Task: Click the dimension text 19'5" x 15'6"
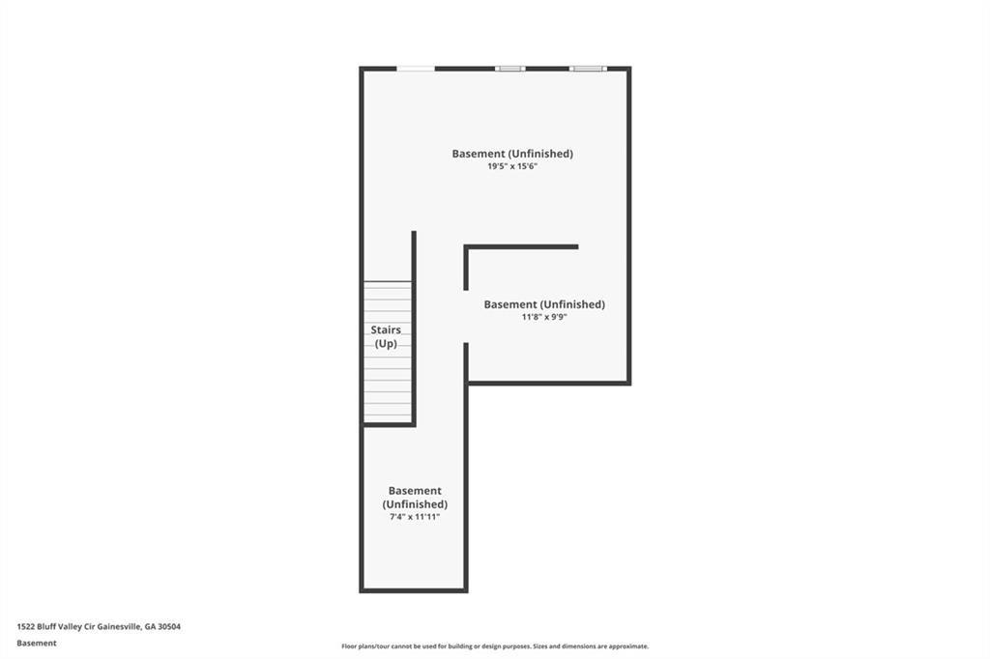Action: pyautogui.click(x=512, y=167)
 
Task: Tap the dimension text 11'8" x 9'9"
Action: pyautogui.click(x=544, y=317)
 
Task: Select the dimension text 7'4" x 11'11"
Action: pyautogui.click(x=415, y=517)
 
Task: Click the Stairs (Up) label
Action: pyautogui.click(x=386, y=336)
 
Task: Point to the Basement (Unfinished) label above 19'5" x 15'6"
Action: pyautogui.click(x=512, y=154)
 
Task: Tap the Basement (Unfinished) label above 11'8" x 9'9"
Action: pyautogui.click(x=544, y=304)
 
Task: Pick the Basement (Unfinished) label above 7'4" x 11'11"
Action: pyautogui.click(x=415, y=498)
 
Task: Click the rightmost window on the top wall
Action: pyautogui.click(x=587, y=69)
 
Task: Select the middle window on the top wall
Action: pyautogui.click(x=510, y=69)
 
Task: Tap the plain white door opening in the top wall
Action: pyautogui.click(x=416, y=69)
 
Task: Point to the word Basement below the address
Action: pyautogui.click(x=37, y=643)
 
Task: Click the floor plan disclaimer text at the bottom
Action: pyautogui.click(x=494, y=646)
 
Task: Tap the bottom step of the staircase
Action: pyautogui.click(x=388, y=418)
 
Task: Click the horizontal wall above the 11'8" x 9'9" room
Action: pyautogui.click(x=522, y=247)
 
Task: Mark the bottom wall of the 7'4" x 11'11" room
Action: pyautogui.click(x=414, y=588)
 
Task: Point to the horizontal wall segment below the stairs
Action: pyautogui.click(x=389, y=424)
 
